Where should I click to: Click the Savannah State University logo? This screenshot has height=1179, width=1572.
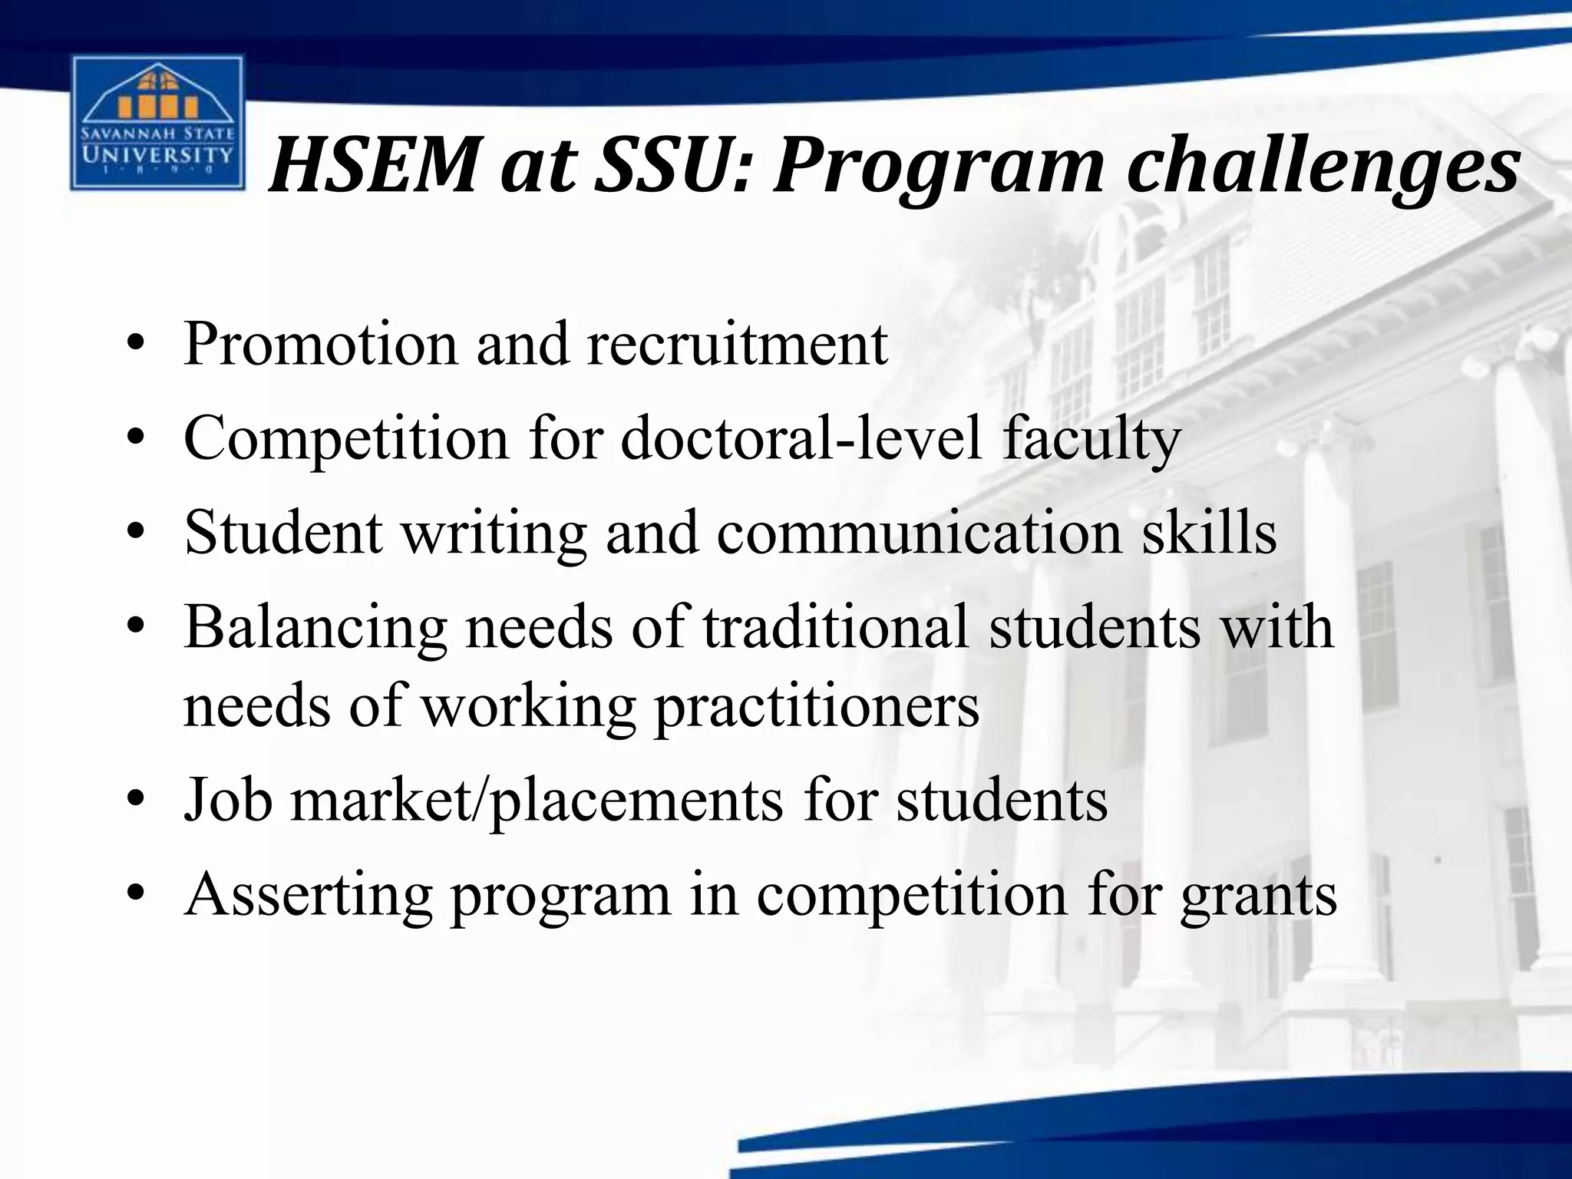(x=157, y=124)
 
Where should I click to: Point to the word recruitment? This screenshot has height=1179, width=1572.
(x=737, y=345)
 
